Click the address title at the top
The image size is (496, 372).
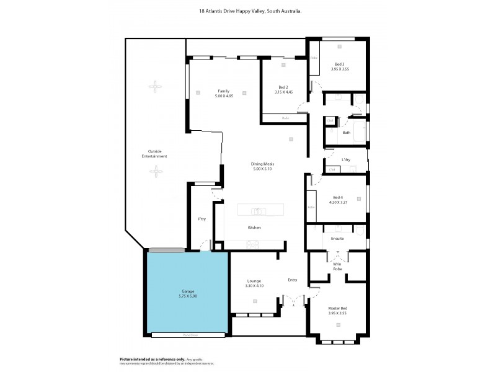(x=248, y=11)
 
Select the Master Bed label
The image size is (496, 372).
(x=337, y=308)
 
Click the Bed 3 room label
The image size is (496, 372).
(x=339, y=64)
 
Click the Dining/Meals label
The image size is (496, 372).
(x=262, y=164)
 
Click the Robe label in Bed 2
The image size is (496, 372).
(x=285, y=118)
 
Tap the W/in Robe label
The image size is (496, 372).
(x=337, y=266)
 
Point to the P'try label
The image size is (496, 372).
(x=201, y=219)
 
